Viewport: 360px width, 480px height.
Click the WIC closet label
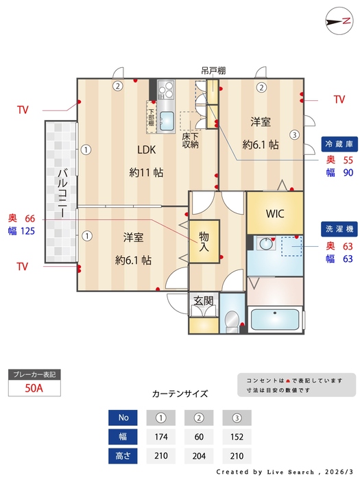point(275,213)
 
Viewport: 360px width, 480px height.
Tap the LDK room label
point(146,151)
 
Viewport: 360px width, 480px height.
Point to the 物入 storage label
point(204,241)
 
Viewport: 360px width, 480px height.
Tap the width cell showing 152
point(237,437)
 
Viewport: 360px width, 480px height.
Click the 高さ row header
point(123,456)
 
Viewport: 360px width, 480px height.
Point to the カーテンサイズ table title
point(180,394)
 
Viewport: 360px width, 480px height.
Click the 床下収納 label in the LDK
point(190,140)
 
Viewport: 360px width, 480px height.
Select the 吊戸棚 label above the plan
point(211,70)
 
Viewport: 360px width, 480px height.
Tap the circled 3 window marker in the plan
point(293,134)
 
